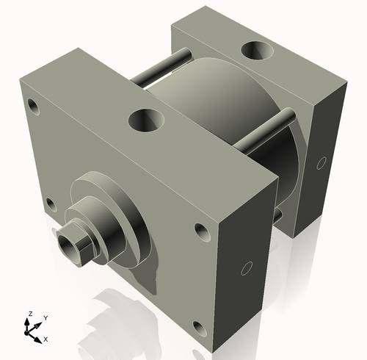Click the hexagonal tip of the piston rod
pyautogui.click(x=76, y=245)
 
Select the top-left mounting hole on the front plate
pyautogui.click(x=34, y=105)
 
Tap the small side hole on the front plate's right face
pyautogui.click(x=247, y=267)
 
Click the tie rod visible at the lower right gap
pyautogui.click(x=278, y=215)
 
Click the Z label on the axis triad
pyautogui.click(x=29, y=314)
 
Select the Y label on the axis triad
pyautogui.click(x=45, y=317)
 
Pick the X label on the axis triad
pyautogui.click(x=46, y=339)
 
